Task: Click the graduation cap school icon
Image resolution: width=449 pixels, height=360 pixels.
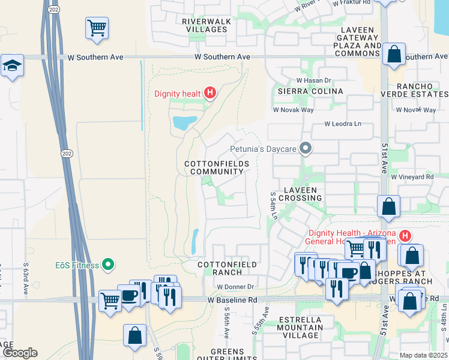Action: (x=11, y=65)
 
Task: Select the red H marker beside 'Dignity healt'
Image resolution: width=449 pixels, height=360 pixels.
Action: (x=209, y=92)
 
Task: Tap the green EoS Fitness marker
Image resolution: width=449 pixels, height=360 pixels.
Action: (x=108, y=264)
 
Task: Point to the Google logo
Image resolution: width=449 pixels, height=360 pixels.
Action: (x=19, y=353)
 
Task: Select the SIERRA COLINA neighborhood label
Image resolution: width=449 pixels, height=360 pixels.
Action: (x=310, y=91)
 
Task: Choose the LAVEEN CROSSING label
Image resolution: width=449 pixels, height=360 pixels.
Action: (x=300, y=194)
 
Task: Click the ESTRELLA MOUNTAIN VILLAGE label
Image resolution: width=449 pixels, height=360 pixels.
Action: (x=300, y=328)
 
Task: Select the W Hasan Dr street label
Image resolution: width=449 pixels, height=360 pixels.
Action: (x=314, y=80)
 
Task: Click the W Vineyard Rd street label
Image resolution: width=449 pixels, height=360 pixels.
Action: (x=412, y=177)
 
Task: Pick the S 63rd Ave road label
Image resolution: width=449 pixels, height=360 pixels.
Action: (x=26, y=279)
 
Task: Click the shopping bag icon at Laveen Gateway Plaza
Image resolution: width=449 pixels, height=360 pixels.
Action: (x=394, y=55)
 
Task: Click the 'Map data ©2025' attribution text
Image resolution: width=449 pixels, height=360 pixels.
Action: (x=424, y=355)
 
